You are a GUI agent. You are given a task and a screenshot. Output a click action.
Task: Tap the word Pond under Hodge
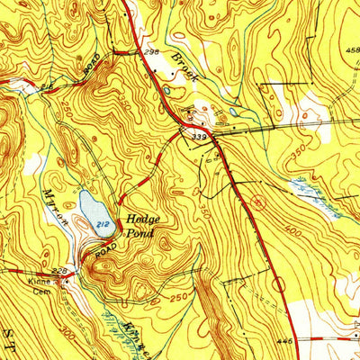[140, 232]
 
